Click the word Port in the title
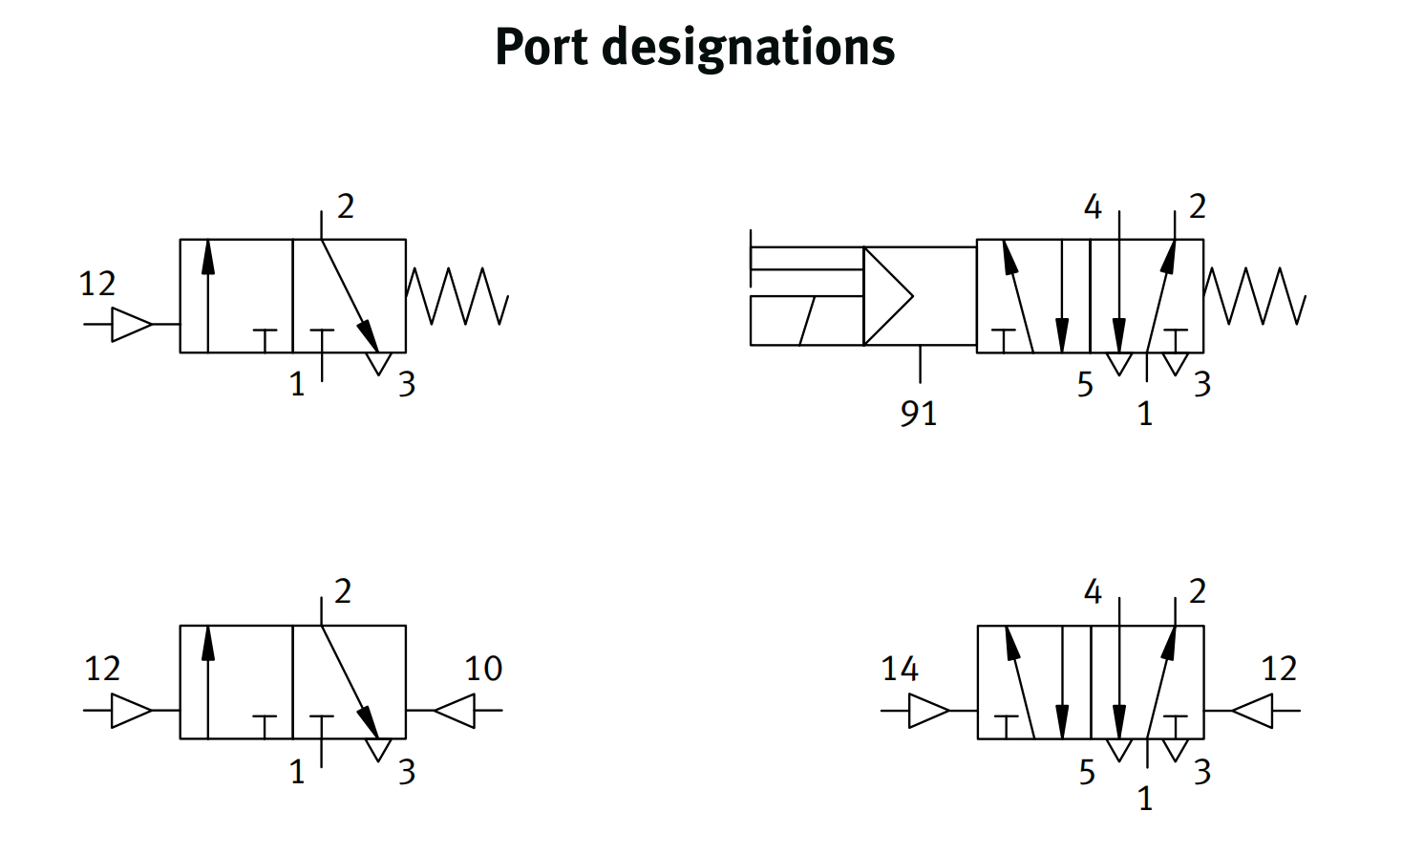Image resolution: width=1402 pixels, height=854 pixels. [541, 47]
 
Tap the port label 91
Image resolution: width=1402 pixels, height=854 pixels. [919, 413]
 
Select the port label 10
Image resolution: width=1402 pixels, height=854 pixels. [483, 669]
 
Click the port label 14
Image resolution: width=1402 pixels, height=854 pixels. [900, 669]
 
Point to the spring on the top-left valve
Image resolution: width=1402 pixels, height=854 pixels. [457, 296]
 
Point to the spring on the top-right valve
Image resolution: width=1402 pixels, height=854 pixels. [1254, 296]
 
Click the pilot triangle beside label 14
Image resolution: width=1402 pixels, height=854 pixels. [927, 711]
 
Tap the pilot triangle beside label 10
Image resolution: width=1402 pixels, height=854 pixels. [456, 711]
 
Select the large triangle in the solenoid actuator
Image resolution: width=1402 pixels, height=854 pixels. [886, 296]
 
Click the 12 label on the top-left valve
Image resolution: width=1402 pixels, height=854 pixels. [97, 284]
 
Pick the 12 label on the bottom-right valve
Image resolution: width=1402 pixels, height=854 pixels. [1279, 669]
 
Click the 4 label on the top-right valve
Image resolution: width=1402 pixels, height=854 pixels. [1093, 206]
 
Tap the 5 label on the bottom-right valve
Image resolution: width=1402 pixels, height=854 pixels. [1087, 772]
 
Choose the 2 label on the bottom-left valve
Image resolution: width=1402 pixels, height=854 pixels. [343, 591]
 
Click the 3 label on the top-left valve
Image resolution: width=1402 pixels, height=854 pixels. [407, 384]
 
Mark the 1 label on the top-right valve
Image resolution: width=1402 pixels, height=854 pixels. [1145, 414]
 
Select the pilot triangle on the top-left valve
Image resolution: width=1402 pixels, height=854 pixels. [131, 325]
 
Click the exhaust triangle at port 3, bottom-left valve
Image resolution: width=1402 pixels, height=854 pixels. [379, 748]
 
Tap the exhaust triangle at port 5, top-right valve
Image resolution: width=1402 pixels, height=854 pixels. [1118, 363]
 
